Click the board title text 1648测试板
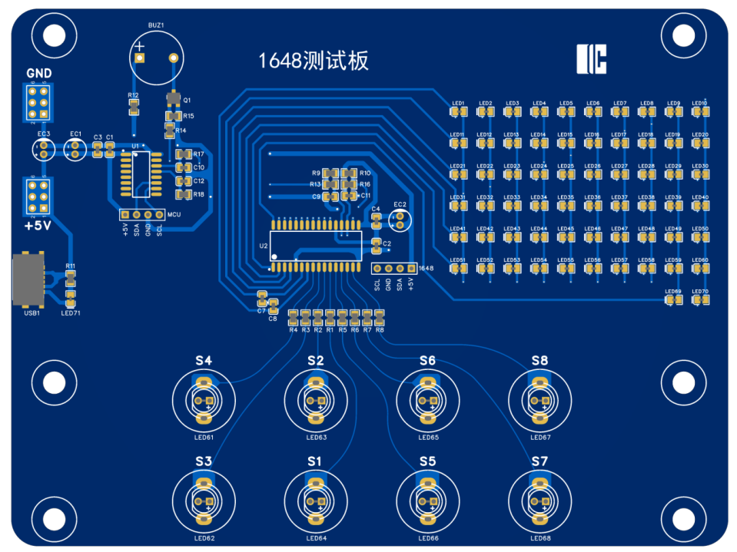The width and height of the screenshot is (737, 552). [313, 61]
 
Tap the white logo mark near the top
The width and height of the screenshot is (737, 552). [592, 59]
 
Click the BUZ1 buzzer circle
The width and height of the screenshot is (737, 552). [155, 58]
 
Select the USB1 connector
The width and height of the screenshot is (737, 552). [29, 279]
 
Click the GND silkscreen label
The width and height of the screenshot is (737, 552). [38, 74]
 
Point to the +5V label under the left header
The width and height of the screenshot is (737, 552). [38, 226]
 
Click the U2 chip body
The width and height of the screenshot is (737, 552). [316, 245]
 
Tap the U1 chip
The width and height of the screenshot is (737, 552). [141, 173]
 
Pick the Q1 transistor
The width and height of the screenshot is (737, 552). [172, 99]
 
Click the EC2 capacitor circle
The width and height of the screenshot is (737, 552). [399, 220]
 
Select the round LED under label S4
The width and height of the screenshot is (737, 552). [204, 400]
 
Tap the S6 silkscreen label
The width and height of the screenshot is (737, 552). [427, 361]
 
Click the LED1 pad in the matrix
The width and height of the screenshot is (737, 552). [458, 113]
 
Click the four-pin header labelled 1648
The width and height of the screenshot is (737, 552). [393, 269]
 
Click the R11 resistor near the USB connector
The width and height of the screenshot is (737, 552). [70, 276]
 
